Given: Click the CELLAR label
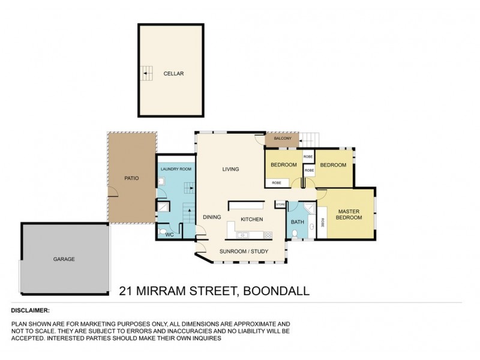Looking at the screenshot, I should (173, 73).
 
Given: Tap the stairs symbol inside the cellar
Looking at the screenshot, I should (146, 73).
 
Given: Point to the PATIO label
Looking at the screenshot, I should (132, 178).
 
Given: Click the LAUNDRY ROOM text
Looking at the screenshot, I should (176, 170).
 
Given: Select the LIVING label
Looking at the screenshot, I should (230, 169).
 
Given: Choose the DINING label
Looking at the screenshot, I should (212, 217).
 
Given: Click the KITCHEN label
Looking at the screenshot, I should (252, 220).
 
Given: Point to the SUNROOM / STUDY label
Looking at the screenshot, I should (243, 251).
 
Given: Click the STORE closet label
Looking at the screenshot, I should (280, 205).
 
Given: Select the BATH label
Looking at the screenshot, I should (298, 222).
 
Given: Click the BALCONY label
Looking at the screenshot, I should (283, 139).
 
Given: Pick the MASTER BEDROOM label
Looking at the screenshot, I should (349, 214).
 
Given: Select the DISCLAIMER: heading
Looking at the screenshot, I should (31, 311).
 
